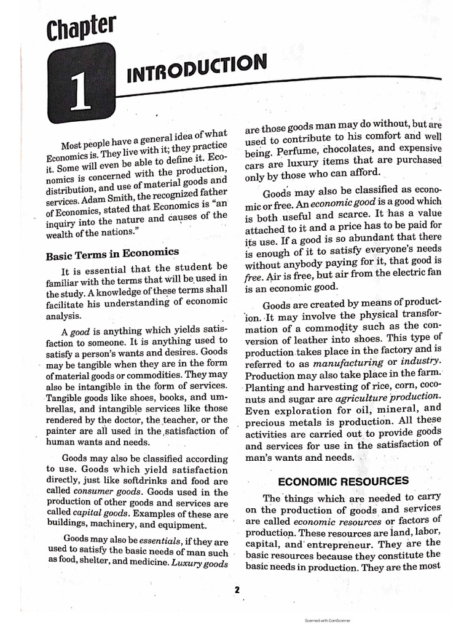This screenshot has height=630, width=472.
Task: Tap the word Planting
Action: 266,388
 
